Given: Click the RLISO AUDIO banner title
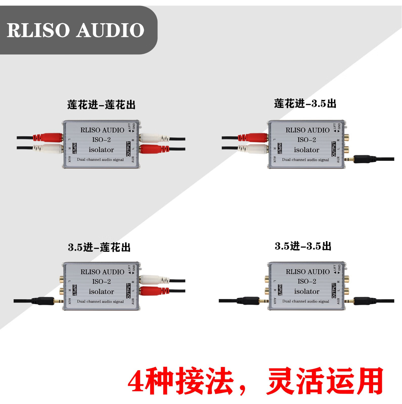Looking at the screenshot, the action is pyautogui.click(x=75, y=30).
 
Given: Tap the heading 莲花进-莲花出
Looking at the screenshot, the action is pyautogui.click(x=101, y=105).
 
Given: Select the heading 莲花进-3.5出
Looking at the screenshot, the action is pyautogui.click(x=305, y=104).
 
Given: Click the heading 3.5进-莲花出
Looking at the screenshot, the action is pyautogui.click(x=99, y=247).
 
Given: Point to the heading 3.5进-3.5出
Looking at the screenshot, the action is pyautogui.click(x=303, y=246).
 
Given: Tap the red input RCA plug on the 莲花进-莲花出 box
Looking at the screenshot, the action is pyautogui.click(x=51, y=138).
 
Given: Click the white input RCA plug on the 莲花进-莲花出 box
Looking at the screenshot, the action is pyautogui.click(x=51, y=148).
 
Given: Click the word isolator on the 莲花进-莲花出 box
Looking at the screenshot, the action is pyautogui.click(x=101, y=150).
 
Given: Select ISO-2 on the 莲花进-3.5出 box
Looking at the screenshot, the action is pyautogui.click(x=306, y=140).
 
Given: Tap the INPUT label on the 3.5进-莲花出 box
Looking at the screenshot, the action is pyautogui.click(x=75, y=290).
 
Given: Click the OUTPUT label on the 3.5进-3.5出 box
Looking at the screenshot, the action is pyautogui.click(x=333, y=290).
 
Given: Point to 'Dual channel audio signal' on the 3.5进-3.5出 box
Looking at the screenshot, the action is pyautogui.click(x=305, y=301).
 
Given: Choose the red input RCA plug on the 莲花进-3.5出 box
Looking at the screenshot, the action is pyautogui.click(x=255, y=138).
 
